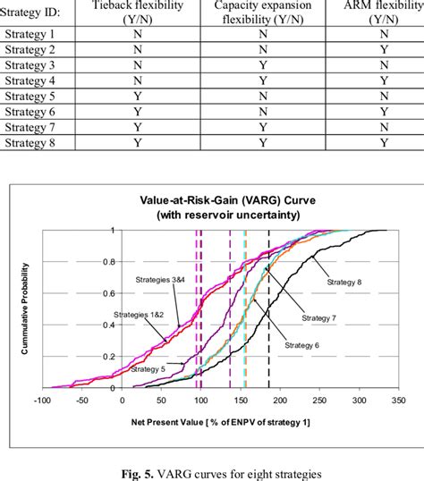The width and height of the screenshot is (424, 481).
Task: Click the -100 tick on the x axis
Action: tap(41, 401)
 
